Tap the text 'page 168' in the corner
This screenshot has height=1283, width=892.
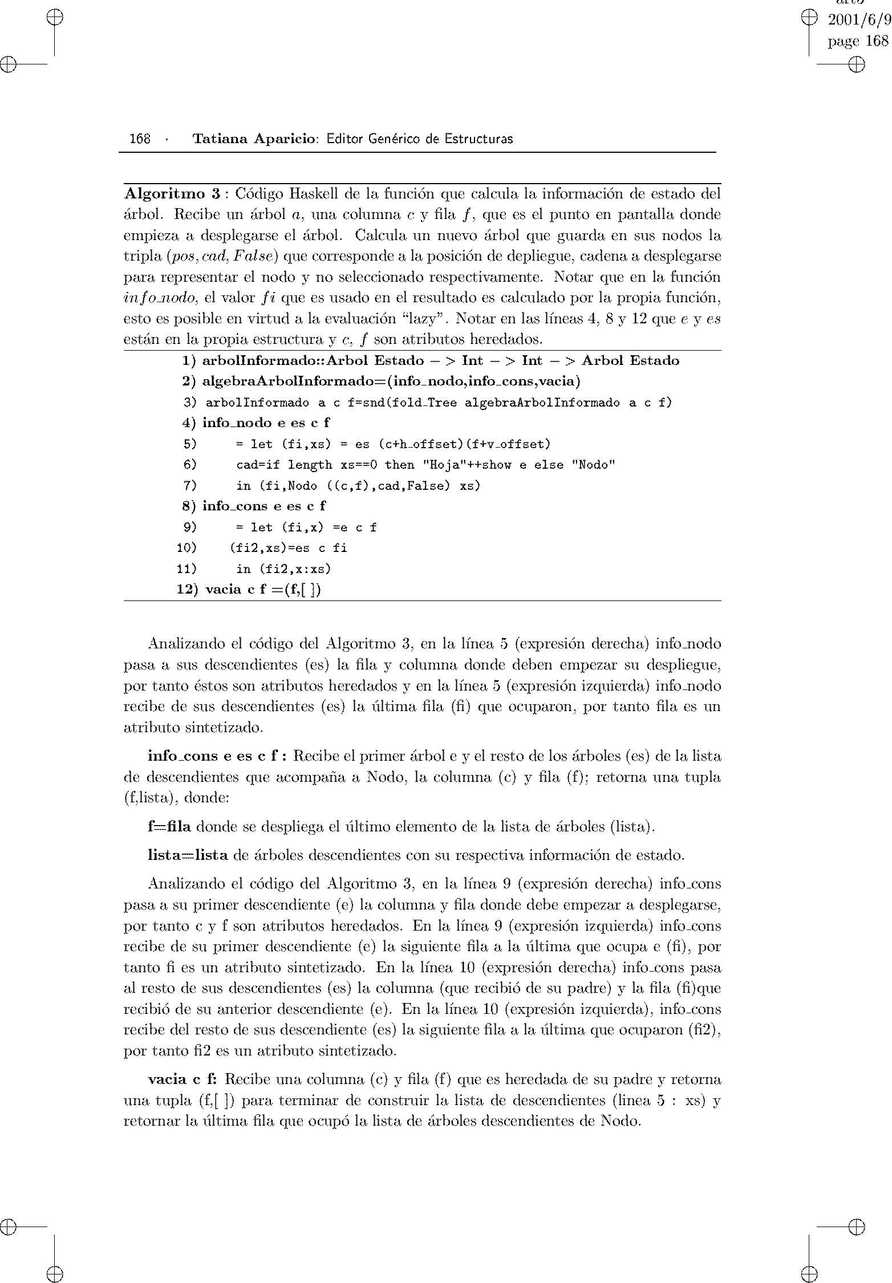858,41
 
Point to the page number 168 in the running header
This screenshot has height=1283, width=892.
140,139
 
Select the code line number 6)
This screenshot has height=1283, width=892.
190,465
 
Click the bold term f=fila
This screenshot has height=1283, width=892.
169,826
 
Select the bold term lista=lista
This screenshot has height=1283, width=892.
188,855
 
